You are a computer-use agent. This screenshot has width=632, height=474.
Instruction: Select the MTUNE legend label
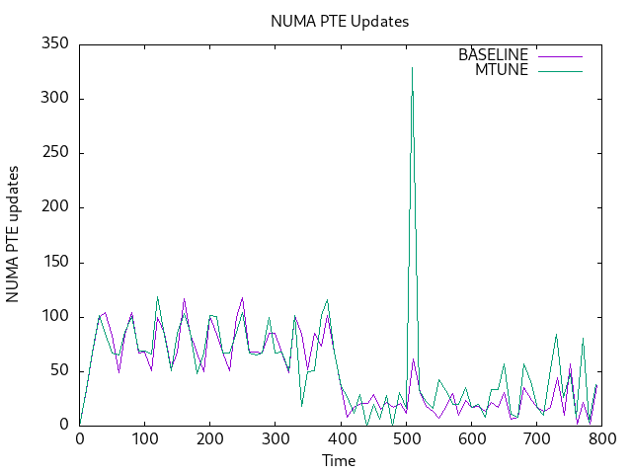coord(502,70)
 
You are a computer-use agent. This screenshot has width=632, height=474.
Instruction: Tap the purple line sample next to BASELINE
coord(561,55)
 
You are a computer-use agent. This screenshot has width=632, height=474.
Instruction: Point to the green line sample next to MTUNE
coord(561,70)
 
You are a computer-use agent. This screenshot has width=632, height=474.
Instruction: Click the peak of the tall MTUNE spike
coord(412,67)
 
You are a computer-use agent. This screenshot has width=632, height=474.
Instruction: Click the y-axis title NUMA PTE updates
coord(14,234)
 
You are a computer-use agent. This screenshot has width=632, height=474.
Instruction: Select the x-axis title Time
coord(339,460)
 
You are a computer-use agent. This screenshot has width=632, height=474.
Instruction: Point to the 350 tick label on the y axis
coord(53,44)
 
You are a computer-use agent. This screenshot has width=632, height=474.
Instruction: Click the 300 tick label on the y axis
coord(53,99)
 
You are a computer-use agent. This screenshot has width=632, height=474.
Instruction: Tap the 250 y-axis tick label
coord(53,153)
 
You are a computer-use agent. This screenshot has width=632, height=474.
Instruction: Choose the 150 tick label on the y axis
coord(53,263)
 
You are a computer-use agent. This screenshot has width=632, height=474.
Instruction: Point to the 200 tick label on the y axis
coord(53,207)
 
